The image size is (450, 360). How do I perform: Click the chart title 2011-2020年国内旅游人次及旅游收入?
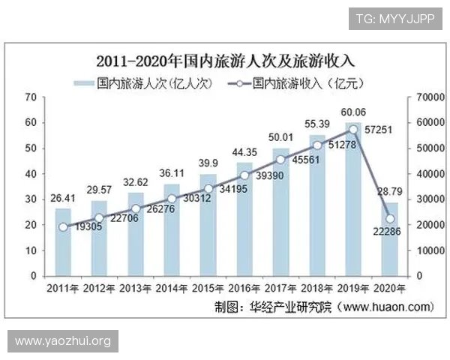[x=224, y=60]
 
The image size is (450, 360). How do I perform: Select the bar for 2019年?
[x=353, y=202]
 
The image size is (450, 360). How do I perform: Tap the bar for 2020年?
[x=389, y=240]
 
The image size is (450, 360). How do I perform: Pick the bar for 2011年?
[x=63, y=244]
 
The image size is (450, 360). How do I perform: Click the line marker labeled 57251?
[x=353, y=130]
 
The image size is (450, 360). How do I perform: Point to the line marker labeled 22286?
[x=390, y=219]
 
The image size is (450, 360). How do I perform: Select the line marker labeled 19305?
[x=63, y=226]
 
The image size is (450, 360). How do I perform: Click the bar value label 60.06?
[x=353, y=112]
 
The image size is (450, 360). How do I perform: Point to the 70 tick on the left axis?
[x=31, y=97]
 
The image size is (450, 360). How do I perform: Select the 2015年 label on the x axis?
[x=208, y=288]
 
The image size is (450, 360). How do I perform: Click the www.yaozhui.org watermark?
[x=63, y=341]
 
